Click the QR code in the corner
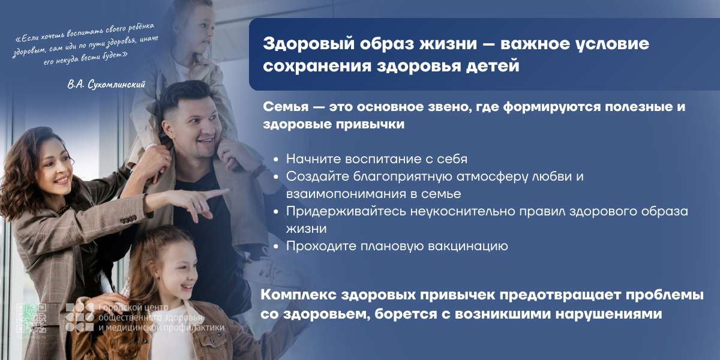[31, 318]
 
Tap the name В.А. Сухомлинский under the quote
[106, 84]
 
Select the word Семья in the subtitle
[286, 107]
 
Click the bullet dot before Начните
[276, 160]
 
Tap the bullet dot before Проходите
[276, 247]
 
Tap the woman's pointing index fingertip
[227, 191]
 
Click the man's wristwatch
[259, 170]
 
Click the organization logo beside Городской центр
[80, 317]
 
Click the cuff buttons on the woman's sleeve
[128, 220]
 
